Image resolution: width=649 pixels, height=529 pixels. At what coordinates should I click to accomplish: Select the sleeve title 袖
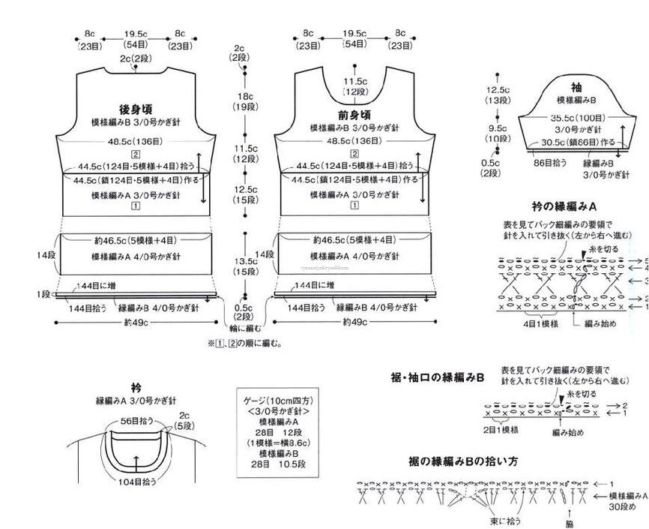point(576,87)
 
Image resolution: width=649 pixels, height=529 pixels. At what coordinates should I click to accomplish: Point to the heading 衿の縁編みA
point(564,206)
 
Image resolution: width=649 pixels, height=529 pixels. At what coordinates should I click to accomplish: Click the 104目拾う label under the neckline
point(135,482)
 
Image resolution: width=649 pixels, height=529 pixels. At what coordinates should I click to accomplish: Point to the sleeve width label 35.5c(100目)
point(579,118)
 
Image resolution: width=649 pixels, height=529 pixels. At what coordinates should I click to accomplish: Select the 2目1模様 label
point(501,430)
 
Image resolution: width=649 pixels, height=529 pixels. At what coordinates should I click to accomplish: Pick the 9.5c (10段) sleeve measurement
point(496,134)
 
